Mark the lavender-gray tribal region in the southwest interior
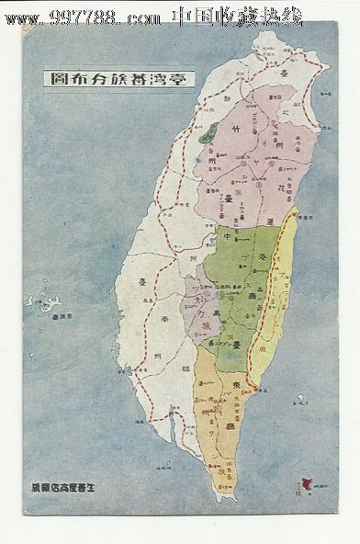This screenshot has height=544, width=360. click(199, 302)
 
